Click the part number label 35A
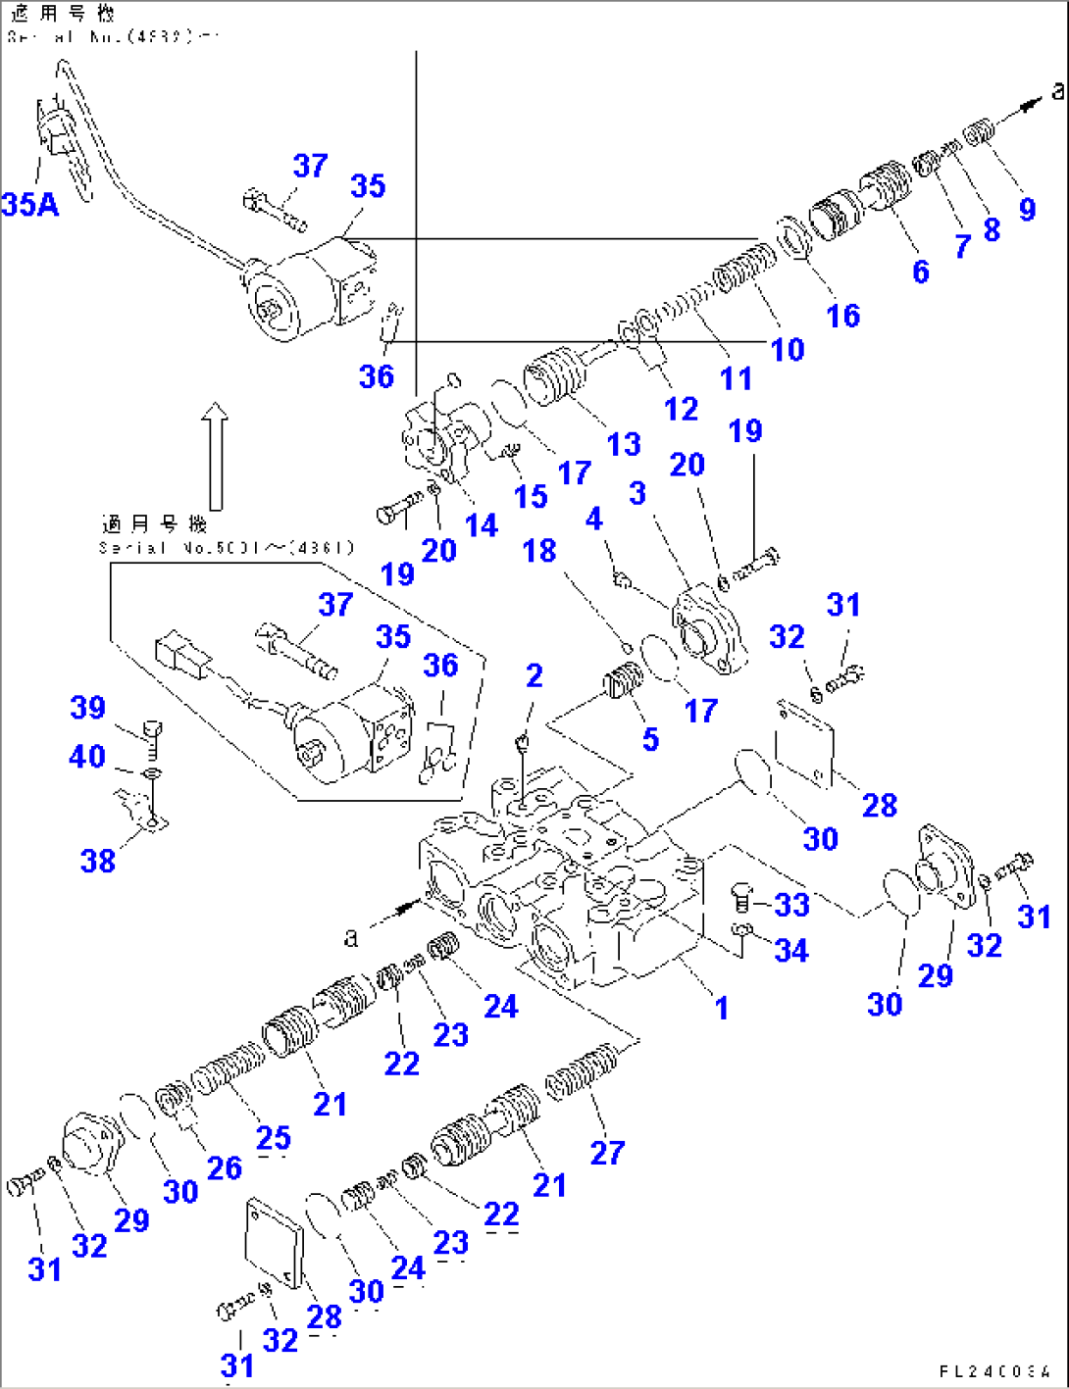coord(29,204)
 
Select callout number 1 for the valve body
coord(722,1007)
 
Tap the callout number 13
coord(624,444)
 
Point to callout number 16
coord(843,316)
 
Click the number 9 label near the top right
coord(1027,209)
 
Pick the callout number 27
coord(607,1153)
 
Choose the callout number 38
coord(98,861)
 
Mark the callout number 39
coord(87,708)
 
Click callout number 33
coord(791,904)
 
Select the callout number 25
coord(274,1137)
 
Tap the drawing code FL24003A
coord(994,1371)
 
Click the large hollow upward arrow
coord(215,456)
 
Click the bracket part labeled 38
coord(139,810)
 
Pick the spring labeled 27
coord(582,1071)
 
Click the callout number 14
coord(481,525)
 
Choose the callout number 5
coord(650,739)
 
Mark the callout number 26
coord(225,1167)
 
